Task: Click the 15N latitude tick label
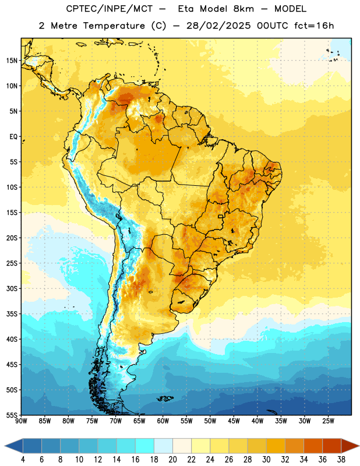pos(12,61)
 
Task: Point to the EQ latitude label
pos(13,137)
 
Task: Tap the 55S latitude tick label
pos(12,415)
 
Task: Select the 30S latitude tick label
pos(12,288)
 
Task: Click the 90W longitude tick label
pos(21,421)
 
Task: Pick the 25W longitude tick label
pos(328,421)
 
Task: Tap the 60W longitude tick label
pos(163,421)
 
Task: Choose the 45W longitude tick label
pos(234,421)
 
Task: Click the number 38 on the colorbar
pos(341,460)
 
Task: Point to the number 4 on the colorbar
pos(23,460)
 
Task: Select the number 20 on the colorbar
pos(172,460)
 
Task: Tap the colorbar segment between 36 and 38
pos(332,446)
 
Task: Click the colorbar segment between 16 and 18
pos(145,446)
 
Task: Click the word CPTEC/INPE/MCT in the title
pos(110,9)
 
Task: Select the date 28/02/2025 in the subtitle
pos(218,26)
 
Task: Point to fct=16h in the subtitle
pos(314,26)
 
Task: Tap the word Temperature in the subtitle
pos(114,26)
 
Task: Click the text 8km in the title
pos(243,9)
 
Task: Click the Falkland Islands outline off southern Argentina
pos(165,398)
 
